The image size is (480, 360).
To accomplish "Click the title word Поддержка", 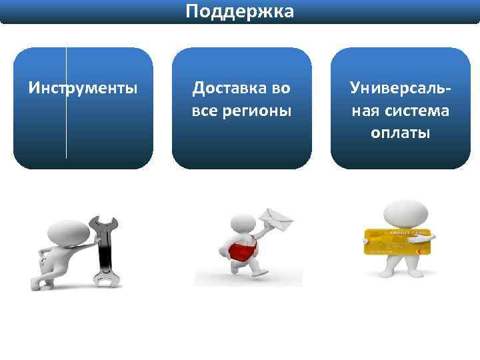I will coord(239,11).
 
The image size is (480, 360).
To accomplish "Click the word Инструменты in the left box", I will coord(83,87).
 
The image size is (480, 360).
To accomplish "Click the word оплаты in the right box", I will coord(401,133).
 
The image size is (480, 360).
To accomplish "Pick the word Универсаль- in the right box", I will coord(401,87).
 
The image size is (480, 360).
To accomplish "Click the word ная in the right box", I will coord(365,110).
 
